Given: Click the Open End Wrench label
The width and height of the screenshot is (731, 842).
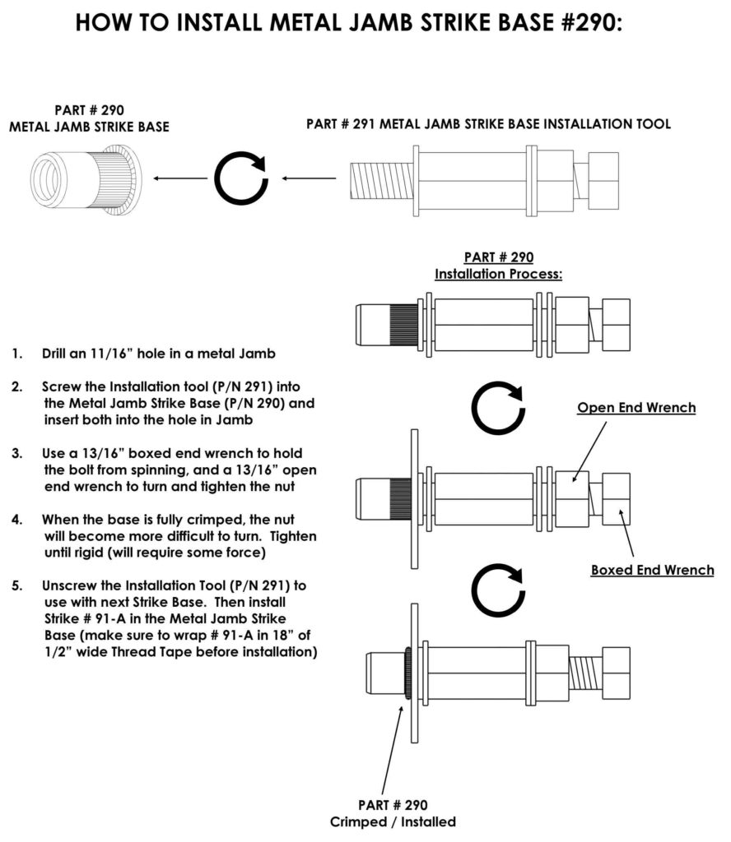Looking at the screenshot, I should pyautogui.click(x=636, y=407).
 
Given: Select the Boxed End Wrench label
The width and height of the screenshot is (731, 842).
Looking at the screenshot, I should pyautogui.click(x=652, y=569).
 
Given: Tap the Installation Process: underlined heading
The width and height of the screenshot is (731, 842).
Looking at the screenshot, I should pyautogui.click(x=498, y=274).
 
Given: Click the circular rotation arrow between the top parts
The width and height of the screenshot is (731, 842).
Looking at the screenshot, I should pyautogui.click(x=240, y=177).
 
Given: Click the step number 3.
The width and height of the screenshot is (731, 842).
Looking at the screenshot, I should pyautogui.click(x=17, y=453).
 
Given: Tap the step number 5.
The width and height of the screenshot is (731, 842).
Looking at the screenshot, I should pyautogui.click(x=17, y=585).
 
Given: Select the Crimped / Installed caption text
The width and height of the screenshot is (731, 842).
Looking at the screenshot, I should pyautogui.click(x=393, y=821).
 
